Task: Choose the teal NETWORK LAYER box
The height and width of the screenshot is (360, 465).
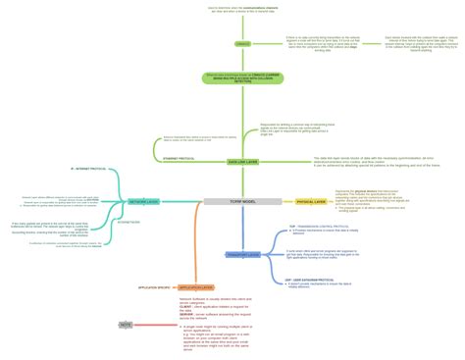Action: pos(144,201)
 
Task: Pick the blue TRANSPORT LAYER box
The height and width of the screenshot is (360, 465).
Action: pos(241,254)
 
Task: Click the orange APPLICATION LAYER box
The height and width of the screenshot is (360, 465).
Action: pos(195,287)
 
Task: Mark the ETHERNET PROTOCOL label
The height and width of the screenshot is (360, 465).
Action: pos(182,158)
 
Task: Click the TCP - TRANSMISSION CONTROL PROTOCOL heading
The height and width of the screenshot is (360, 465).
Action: pos(313,225)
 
